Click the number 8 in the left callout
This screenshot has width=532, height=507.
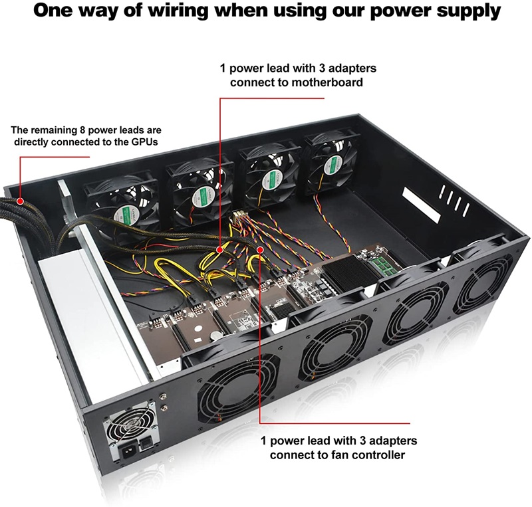click(x=82, y=130)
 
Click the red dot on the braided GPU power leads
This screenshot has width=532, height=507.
click(x=21, y=201)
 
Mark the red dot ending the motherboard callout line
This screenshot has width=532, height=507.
click(x=220, y=250)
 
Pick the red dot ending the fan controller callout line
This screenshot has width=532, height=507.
click(x=260, y=250)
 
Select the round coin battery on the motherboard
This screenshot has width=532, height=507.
click(x=214, y=336)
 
